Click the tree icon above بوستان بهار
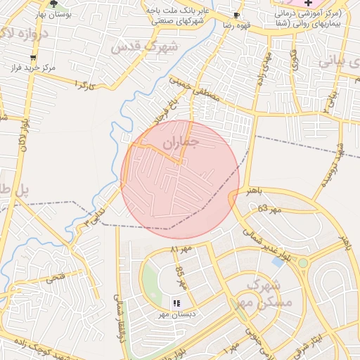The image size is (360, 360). pyautogui.click(x=54, y=4)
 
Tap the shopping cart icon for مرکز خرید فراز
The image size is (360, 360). pyautogui.click(x=33, y=58)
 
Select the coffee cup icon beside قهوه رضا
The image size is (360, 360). pyautogui.click(x=236, y=14)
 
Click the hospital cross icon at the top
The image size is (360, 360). pyautogui.click(x=308, y=4)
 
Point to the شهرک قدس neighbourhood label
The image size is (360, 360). pyautogui.click(x=145, y=46)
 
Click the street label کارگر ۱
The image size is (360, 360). pyautogui.click(x=84, y=85)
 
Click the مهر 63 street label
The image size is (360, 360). pyautogui.click(x=269, y=208)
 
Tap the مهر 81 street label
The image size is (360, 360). pyautogui.click(x=183, y=249)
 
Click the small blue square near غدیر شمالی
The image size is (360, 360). pyautogui.click(x=277, y=262)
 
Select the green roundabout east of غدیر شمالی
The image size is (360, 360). pyautogui.click(x=302, y=263)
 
